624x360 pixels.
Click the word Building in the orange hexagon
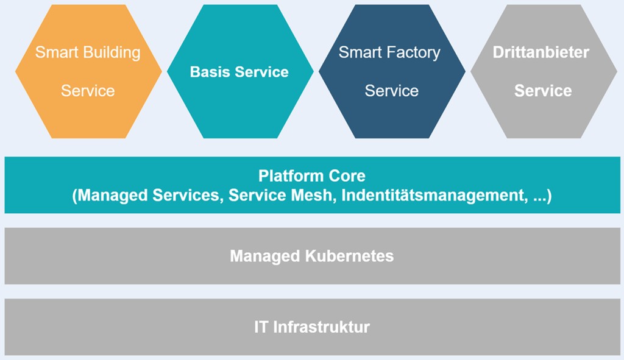click(112, 52)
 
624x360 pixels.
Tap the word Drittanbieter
click(541, 52)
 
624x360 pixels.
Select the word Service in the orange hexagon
click(88, 91)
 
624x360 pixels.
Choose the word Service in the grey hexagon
click(543, 91)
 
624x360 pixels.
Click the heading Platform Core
click(312, 176)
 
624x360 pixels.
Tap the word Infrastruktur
click(321, 327)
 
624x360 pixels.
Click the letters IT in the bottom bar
click(261, 327)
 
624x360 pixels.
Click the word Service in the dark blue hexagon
click(391, 91)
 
